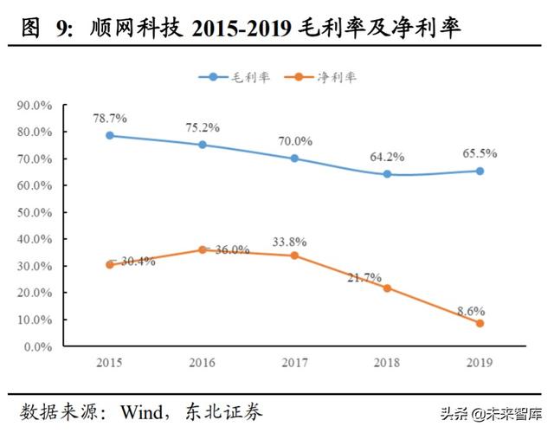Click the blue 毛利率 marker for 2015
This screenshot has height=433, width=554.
pyautogui.click(x=110, y=135)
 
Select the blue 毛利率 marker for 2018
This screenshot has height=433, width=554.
pyautogui.click(x=387, y=174)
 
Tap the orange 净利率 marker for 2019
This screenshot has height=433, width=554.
pyautogui.click(x=480, y=323)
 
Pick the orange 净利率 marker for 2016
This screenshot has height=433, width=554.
pyautogui.click(x=203, y=249)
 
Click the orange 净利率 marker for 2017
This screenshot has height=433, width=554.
pyautogui.click(x=294, y=255)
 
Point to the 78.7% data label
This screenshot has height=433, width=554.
pyautogui.click(x=110, y=116)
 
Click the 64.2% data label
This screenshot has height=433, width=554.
pyautogui.click(x=387, y=157)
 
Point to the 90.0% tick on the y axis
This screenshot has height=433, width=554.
pyautogui.click(x=35, y=106)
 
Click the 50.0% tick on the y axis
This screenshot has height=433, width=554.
pyautogui.click(x=35, y=213)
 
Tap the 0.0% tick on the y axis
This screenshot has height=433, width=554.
pyautogui.click(x=38, y=346)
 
